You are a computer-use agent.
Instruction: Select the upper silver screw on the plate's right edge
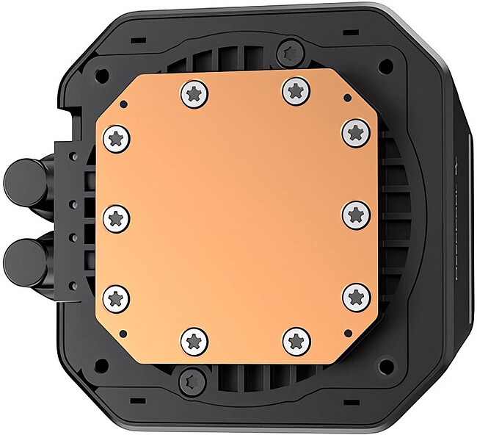[355, 132]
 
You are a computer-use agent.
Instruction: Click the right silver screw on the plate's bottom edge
[294, 339]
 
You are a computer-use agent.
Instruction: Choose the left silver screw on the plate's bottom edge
[192, 339]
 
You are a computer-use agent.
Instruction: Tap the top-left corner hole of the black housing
[101, 74]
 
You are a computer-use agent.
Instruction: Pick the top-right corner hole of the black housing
[382, 65]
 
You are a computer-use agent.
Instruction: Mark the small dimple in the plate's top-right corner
[345, 98]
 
